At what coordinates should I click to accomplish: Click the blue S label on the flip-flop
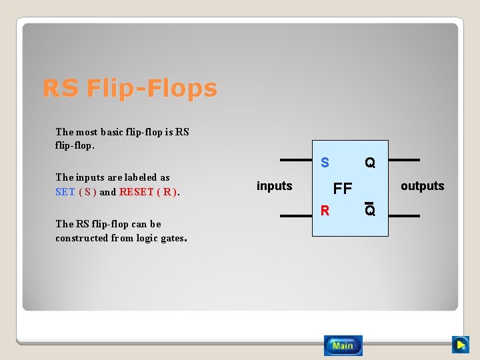click(x=325, y=163)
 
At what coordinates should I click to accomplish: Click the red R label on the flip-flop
click(x=325, y=211)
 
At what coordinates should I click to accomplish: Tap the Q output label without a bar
click(x=369, y=163)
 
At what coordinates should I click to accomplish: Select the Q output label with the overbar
click(x=370, y=211)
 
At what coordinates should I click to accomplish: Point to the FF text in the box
click(x=343, y=189)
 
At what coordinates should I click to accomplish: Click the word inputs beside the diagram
click(x=274, y=186)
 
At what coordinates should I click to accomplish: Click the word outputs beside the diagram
click(x=422, y=186)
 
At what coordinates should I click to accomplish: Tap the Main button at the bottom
click(x=343, y=345)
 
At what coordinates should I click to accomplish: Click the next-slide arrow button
click(x=460, y=345)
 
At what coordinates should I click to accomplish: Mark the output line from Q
click(x=403, y=161)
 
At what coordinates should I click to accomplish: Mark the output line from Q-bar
click(x=403, y=216)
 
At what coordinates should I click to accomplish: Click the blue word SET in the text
click(x=65, y=192)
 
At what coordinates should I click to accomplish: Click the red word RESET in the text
click(x=136, y=192)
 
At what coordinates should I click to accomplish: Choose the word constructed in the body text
click(x=81, y=238)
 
